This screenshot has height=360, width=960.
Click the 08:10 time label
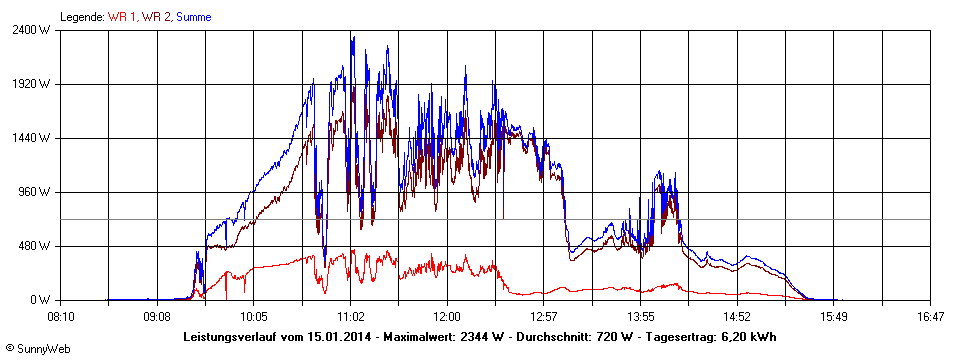pyautogui.click(x=61, y=317)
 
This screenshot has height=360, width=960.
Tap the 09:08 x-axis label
pyautogui.click(x=157, y=317)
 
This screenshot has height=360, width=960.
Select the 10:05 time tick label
pyautogui.click(x=254, y=317)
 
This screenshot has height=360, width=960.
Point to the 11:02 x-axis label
pyautogui.click(x=350, y=317)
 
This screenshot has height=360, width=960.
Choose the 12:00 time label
pyautogui.click(x=447, y=317)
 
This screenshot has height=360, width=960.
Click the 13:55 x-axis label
pyautogui.click(x=640, y=317)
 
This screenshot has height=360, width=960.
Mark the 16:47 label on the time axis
pyautogui.click(x=930, y=317)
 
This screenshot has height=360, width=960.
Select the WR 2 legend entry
pyautogui.click(x=156, y=17)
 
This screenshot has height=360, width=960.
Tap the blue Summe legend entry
pyautogui.click(x=194, y=17)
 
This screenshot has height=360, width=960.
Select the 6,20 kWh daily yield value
pyautogui.click(x=752, y=336)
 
